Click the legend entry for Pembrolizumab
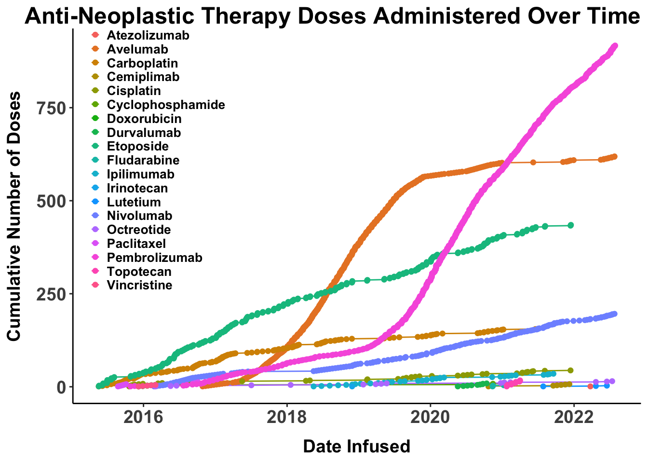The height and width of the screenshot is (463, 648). tap(154, 258)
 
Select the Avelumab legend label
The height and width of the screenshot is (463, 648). tap(137, 49)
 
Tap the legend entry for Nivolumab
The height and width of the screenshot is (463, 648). tap(139, 216)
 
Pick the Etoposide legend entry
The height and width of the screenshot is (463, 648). tap(137, 147)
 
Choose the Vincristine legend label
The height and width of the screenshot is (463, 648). tap(139, 286)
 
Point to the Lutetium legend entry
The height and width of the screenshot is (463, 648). tap(134, 202)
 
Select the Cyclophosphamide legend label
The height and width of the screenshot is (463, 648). tap(166, 105)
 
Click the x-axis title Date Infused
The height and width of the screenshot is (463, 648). tap(356, 446)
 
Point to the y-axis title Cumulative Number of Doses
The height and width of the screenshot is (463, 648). tap(15, 216)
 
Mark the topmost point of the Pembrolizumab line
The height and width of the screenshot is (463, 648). tap(615, 46)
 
